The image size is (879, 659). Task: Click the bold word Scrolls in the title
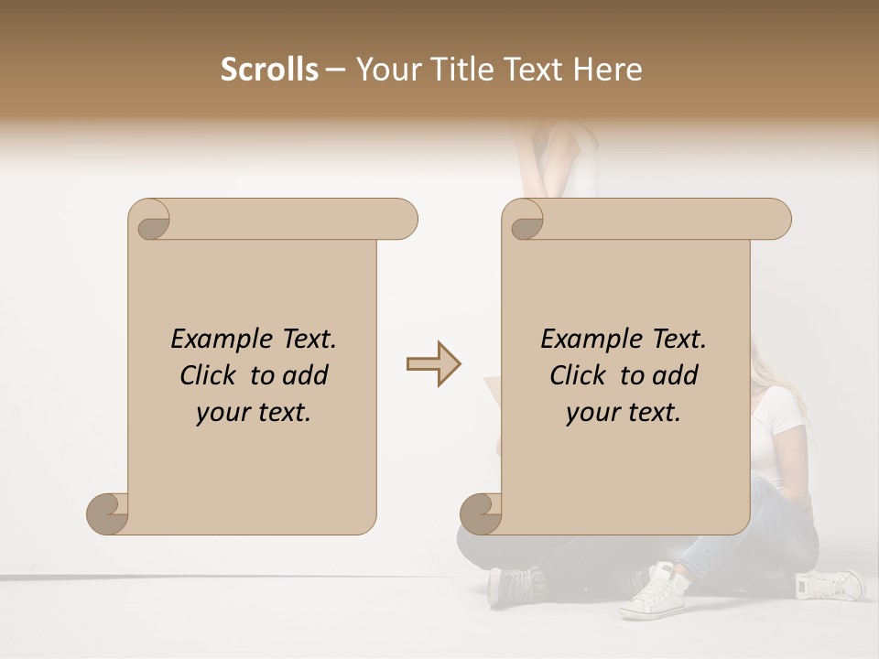pos(269,70)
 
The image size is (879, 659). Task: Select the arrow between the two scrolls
pos(434,364)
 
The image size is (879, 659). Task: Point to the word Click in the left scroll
pos(209,376)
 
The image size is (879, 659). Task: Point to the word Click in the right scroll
pos(579,376)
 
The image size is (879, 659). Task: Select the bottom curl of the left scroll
pos(109,513)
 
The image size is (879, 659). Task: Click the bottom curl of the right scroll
pos(482,513)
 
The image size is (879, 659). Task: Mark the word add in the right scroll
pos(677,376)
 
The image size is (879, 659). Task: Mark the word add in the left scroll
pos(307,376)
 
